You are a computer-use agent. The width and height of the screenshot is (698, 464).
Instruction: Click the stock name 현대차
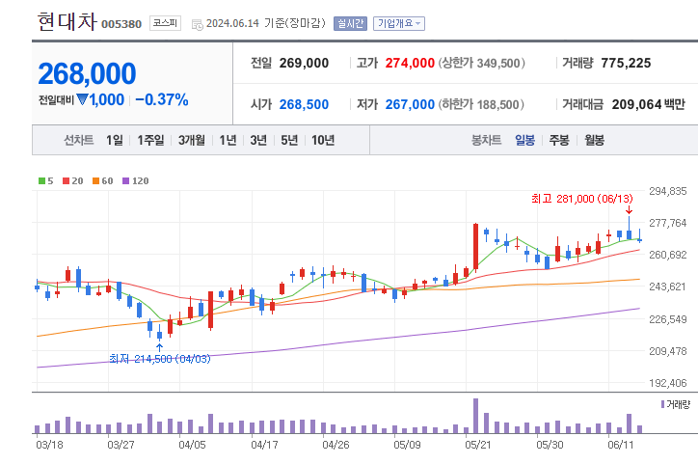(67, 21)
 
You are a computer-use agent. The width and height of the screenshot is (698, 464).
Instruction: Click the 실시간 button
(350, 23)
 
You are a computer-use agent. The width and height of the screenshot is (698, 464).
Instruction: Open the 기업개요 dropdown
(399, 23)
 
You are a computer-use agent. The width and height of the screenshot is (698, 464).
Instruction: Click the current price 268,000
(87, 73)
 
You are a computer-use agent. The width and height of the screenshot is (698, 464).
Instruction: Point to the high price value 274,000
(410, 63)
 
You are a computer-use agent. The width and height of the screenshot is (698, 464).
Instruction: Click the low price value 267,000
(410, 104)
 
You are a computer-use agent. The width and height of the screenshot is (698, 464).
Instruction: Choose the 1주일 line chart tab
(151, 141)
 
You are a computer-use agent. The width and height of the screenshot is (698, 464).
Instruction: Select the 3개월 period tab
(194, 141)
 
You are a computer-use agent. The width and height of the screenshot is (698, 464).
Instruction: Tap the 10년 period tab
(322, 141)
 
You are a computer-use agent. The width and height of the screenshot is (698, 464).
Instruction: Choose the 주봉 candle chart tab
(559, 141)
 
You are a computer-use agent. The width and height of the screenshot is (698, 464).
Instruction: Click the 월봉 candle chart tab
(594, 141)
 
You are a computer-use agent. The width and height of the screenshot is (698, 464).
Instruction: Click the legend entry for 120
(136, 180)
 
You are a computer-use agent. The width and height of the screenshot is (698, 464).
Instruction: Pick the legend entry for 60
(103, 180)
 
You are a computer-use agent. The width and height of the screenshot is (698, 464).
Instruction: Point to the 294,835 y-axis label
(668, 191)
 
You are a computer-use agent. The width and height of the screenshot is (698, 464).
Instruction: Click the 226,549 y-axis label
(668, 318)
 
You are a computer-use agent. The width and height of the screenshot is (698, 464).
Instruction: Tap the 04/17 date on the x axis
(264, 445)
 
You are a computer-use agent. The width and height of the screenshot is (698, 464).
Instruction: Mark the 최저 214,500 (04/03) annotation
(159, 359)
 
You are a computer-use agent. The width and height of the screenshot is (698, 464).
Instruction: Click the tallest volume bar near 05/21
(475, 416)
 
